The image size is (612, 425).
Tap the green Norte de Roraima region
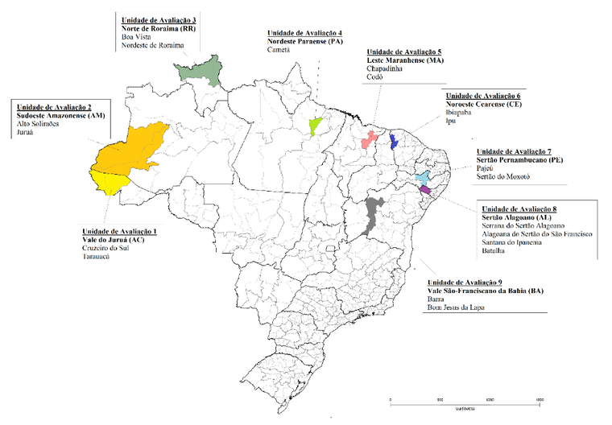coord(200,71)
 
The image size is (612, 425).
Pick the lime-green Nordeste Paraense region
coord(316,125)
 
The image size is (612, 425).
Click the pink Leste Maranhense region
coord(370,139)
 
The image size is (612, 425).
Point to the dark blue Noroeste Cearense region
coord(393,142)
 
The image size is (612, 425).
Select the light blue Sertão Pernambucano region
coord(423,178)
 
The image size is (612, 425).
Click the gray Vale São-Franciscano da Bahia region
coord(372,214)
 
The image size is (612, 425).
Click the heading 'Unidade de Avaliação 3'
coord(159,18)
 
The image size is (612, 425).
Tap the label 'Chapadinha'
coord(374,68)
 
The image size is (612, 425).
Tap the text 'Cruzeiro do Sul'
coord(110,248)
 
